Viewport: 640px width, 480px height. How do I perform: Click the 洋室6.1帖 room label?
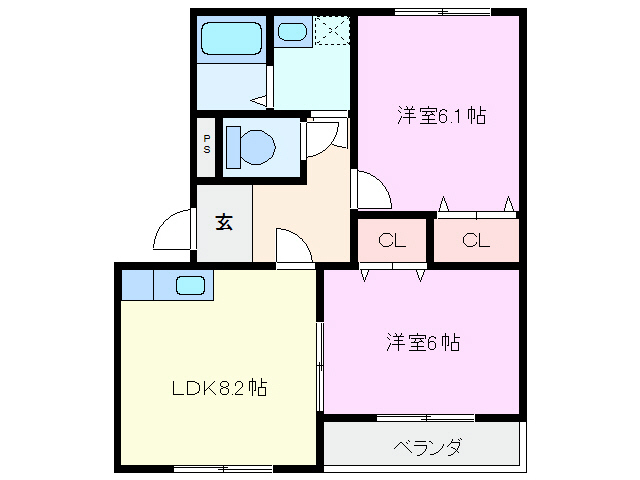pyautogui.click(x=441, y=116)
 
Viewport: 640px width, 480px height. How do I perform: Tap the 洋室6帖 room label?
pyautogui.click(x=423, y=342)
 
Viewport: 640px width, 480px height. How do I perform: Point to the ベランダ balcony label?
pyautogui.click(x=427, y=447)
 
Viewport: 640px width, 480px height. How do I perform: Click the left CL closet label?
pyautogui.click(x=391, y=240)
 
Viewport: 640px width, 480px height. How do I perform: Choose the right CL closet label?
pyautogui.click(x=476, y=240)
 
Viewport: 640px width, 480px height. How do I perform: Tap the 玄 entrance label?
pyautogui.click(x=224, y=222)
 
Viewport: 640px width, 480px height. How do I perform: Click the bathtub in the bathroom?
pyautogui.click(x=231, y=40)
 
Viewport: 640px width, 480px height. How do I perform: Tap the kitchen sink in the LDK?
pyautogui.click(x=189, y=285)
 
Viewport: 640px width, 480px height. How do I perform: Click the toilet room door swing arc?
pyautogui.click(x=322, y=137)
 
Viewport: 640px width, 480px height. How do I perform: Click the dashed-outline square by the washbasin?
pyautogui.click(x=330, y=32)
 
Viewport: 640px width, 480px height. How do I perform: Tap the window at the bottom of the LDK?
pyautogui.click(x=222, y=468)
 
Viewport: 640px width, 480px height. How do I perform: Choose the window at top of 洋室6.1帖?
pyautogui.click(x=441, y=12)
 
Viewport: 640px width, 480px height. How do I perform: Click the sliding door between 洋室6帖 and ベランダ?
pyautogui.click(x=425, y=417)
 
